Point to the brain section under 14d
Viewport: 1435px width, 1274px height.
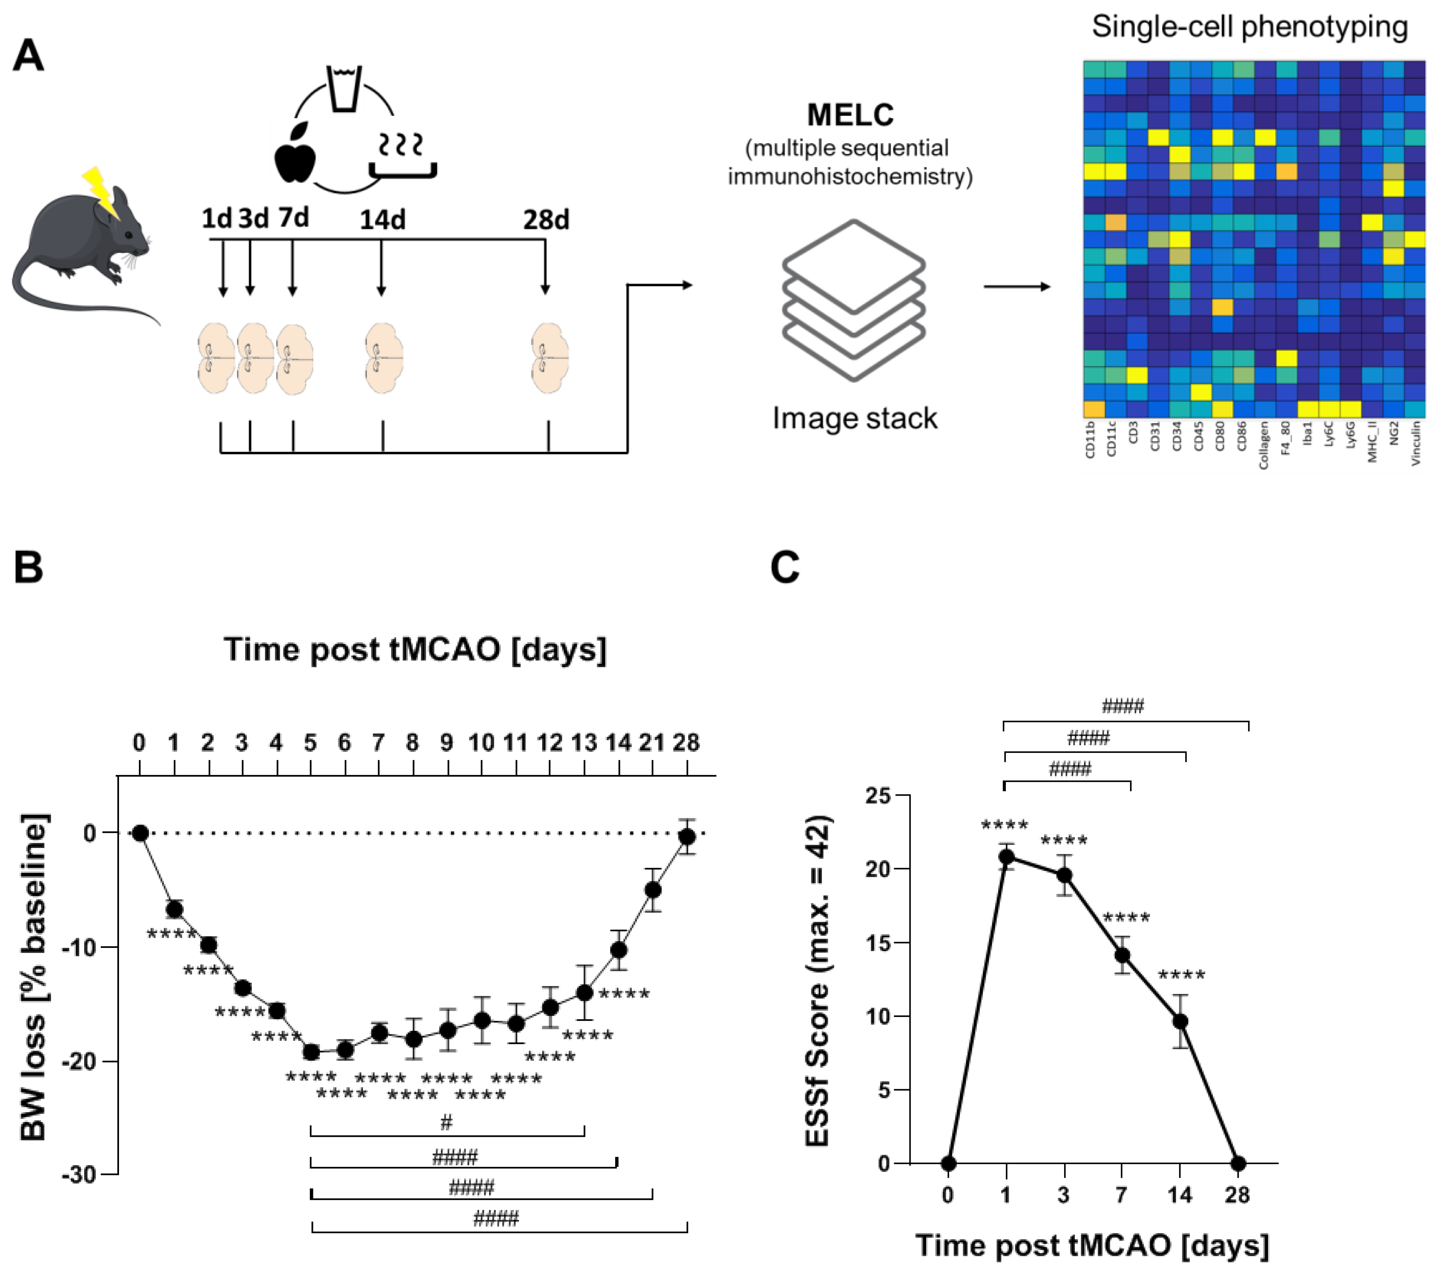coord(383,358)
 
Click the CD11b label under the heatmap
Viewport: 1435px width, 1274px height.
coord(1090,439)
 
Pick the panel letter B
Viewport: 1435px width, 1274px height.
coord(28,567)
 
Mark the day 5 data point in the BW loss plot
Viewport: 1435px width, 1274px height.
coord(311,1052)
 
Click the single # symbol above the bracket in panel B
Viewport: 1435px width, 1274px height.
coord(447,1122)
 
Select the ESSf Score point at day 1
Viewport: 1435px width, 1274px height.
coord(1006,856)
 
